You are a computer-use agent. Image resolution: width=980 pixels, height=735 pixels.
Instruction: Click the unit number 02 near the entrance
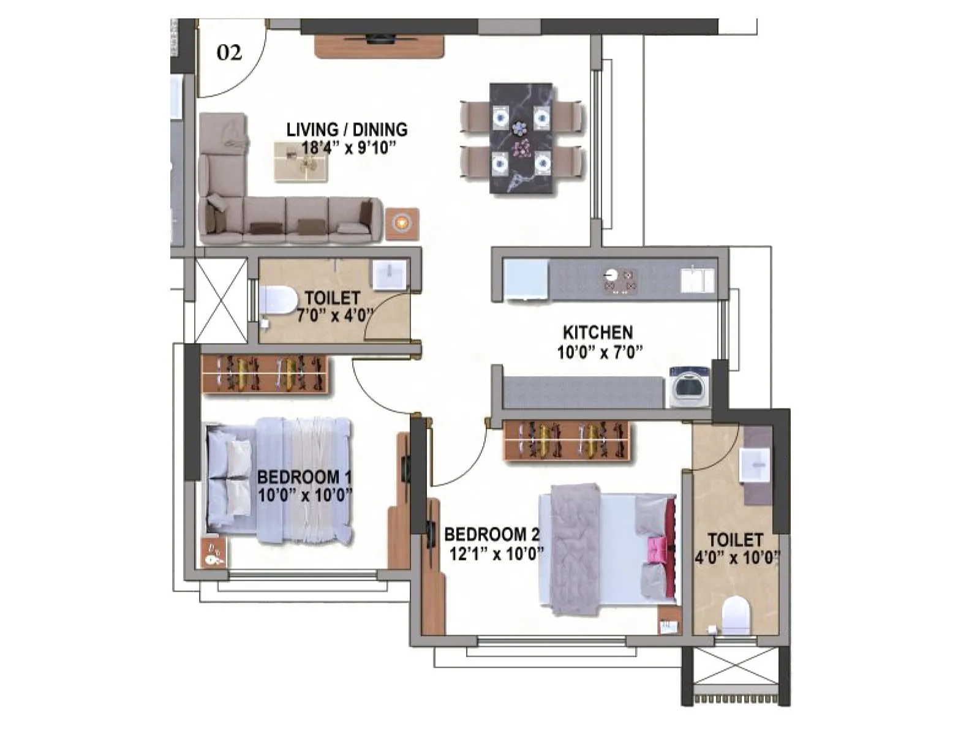click(x=229, y=53)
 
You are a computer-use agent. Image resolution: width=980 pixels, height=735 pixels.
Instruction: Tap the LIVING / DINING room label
click(x=347, y=130)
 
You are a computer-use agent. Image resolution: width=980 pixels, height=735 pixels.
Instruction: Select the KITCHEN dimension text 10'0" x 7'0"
click(x=600, y=352)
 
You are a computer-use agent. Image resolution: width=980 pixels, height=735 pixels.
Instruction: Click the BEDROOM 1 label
click(x=304, y=477)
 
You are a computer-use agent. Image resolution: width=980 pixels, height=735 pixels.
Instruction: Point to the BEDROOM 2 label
click(x=492, y=535)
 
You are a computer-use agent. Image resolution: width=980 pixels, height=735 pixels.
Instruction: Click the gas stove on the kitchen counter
click(x=620, y=281)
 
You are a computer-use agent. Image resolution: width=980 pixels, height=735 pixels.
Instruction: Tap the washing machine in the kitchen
click(x=689, y=386)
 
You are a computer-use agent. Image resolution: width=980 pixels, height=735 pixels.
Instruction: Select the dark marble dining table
click(x=521, y=138)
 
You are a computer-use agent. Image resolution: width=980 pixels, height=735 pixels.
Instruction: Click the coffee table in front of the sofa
click(x=300, y=162)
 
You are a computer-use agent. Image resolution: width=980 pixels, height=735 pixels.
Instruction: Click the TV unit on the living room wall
click(x=379, y=46)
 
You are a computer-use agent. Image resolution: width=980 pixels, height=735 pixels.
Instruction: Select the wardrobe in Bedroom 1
click(x=265, y=374)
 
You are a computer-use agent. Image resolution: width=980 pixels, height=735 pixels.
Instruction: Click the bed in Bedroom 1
click(x=279, y=480)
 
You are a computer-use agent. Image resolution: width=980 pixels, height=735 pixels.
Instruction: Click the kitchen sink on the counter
click(x=697, y=280)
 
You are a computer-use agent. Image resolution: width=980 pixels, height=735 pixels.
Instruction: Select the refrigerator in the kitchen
click(x=526, y=280)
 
